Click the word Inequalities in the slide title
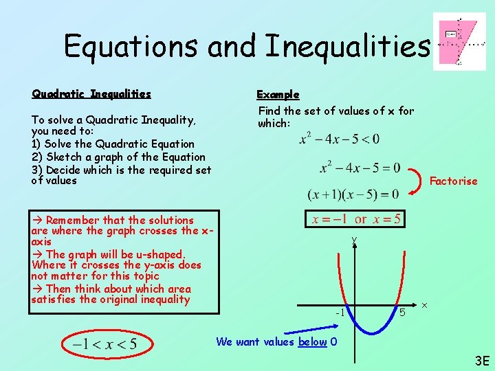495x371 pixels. point(348,46)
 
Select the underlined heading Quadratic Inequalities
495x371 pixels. point(91,94)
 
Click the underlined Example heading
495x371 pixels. point(278,94)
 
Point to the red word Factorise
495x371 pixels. point(453,181)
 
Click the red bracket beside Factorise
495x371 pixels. point(417,181)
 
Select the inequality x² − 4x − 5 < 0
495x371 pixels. point(340,139)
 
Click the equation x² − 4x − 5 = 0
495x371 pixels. point(360,167)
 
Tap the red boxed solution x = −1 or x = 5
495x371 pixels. point(355,219)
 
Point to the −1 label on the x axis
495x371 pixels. point(340,313)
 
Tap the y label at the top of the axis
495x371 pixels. point(354,240)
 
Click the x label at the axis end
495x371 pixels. point(425,304)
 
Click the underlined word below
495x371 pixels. point(311,341)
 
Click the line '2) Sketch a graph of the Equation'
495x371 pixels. point(118,157)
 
